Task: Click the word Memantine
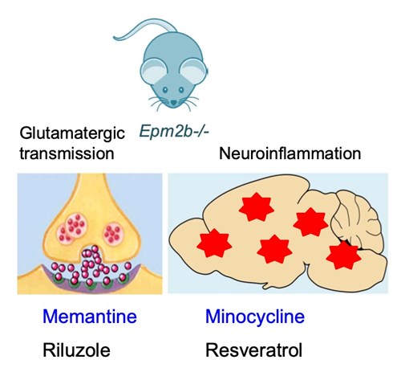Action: coord(90,317)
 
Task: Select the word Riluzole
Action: coord(76,350)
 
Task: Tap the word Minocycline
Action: coord(255,317)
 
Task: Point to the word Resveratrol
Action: coord(254,350)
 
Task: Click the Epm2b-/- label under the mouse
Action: coord(174,132)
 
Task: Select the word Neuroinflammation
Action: coord(290,153)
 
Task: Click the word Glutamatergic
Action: coord(72,133)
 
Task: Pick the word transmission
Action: coord(67,153)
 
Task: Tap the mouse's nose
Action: coord(174,102)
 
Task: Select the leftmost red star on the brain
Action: coord(214,243)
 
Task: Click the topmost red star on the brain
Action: coord(257,207)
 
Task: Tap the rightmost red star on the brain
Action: coord(343,255)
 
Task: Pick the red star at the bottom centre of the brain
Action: coord(274,250)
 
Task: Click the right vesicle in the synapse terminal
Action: coord(113,233)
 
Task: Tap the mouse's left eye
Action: coord(165,90)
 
